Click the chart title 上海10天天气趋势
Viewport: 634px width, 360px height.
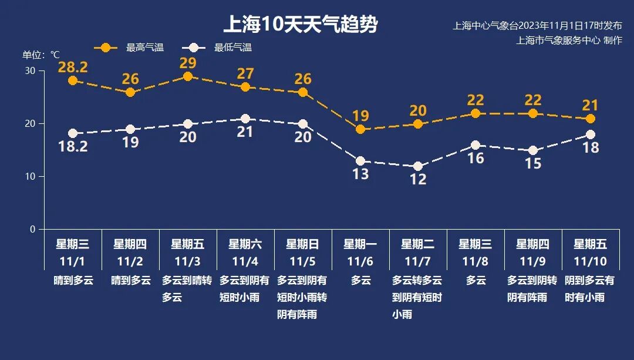coord(300,25)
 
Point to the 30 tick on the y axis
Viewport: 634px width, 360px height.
coord(30,71)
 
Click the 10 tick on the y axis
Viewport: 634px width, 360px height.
coord(30,176)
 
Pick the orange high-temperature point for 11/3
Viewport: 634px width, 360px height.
coord(188,76)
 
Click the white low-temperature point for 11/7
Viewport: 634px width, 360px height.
coord(418,166)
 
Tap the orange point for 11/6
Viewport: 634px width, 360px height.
coord(360,129)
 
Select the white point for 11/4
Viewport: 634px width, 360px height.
coord(245,119)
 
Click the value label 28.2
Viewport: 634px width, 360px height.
coord(73,67)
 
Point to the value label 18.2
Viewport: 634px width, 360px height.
coord(73,146)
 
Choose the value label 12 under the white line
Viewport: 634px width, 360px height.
coord(418,179)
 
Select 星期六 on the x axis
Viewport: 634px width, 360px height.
coord(245,244)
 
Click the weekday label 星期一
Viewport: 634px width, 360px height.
coord(360,244)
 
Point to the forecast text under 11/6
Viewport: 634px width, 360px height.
coord(361,281)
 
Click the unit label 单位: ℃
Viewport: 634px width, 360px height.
coord(41,55)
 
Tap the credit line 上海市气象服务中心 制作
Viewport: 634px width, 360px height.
coord(569,41)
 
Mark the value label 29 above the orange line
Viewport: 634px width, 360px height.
coord(188,63)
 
